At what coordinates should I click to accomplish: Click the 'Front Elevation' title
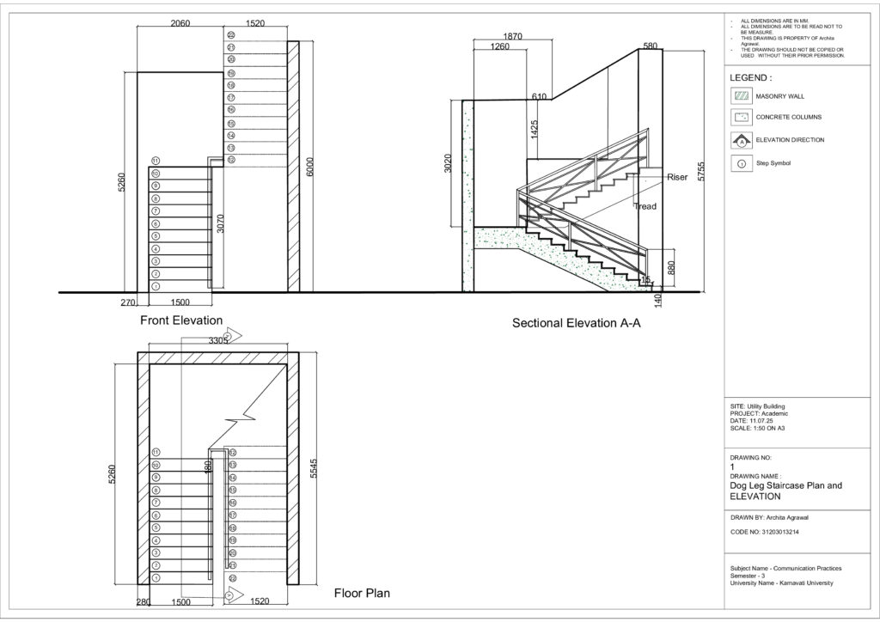(x=181, y=320)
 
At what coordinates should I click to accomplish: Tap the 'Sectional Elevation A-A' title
(x=577, y=324)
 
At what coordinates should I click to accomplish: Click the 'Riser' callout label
(x=677, y=176)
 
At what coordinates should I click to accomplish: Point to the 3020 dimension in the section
(x=448, y=165)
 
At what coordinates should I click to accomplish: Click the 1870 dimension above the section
(x=512, y=36)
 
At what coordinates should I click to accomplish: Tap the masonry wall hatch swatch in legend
(x=740, y=97)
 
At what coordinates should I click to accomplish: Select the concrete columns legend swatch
(x=740, y=118)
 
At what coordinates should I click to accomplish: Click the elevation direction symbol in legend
(x=740, y=140)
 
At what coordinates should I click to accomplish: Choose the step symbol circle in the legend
(x=740, y=162)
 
